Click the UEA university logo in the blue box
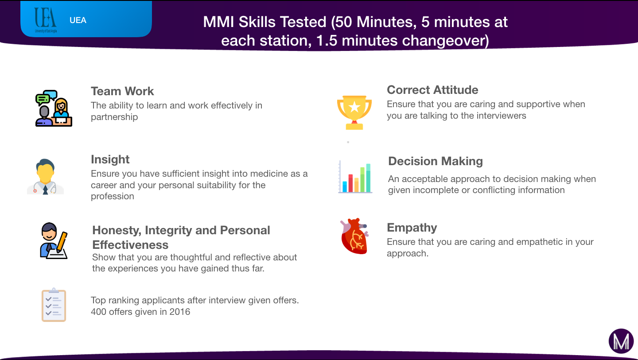(46, 20)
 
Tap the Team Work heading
(122, 91)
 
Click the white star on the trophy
(354, 107)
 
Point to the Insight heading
(110, 160)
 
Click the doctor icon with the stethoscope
(45, 177)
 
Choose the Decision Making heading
(436, 161)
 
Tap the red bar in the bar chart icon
(350, 183)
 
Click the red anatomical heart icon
(354, 236)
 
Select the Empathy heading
(412, 228)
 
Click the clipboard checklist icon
(54, 305)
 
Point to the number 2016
(180, 312)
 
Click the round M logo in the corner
(621, 341)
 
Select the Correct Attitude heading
(432, 90)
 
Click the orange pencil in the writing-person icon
(62, 242)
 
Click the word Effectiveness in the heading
(130, 245)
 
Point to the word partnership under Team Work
(114, 117)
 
